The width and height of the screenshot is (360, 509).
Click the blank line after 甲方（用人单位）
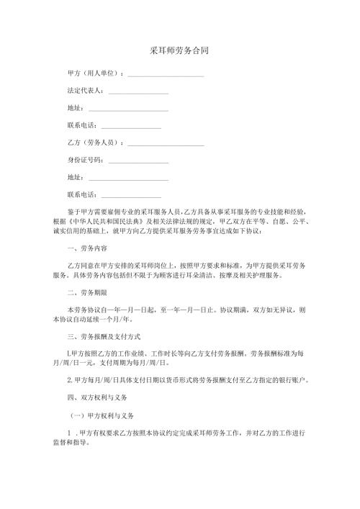(166, 74)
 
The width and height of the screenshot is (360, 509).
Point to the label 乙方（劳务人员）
(94, 143)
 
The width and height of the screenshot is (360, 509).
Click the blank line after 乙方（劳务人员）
(166, 144)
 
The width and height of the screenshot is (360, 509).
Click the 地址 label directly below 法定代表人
(74, 109)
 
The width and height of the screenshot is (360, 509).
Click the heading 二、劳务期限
(87, 293)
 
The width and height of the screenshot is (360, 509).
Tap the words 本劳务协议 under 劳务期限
(84, 310)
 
